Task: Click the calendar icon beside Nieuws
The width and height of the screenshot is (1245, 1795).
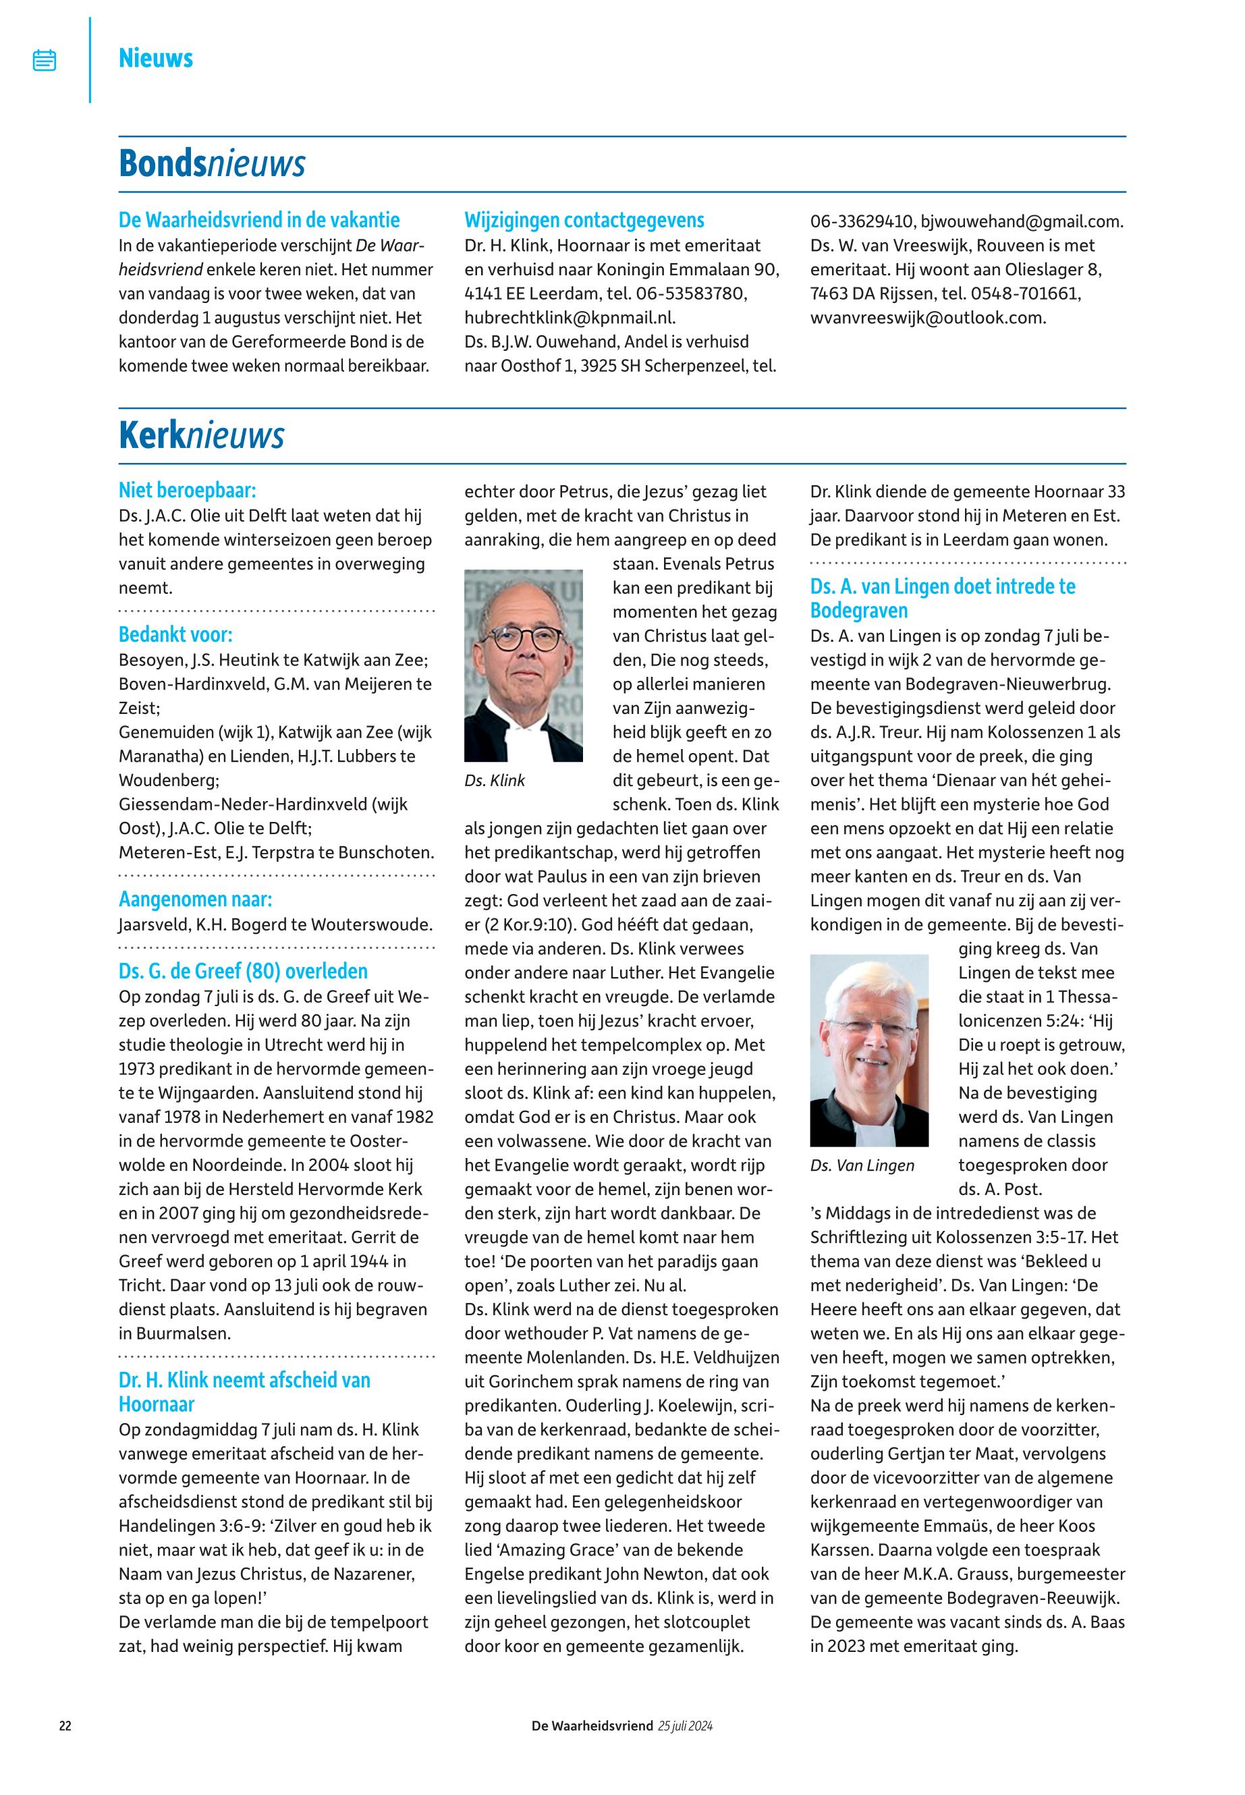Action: pyautogui.click(x=45, y=60)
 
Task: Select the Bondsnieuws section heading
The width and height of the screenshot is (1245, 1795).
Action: pyautogui.click(x=211, y=164)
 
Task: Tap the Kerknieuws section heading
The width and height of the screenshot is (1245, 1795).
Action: pyautogui.click(x=201, y=435)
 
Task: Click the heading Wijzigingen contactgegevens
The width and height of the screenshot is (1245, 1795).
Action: pyautogui.click(x=584, y=220)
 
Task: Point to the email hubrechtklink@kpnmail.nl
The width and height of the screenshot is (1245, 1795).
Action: pyautogui.click(x=570, y=317)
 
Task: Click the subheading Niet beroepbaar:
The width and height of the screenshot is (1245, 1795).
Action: pyautogui.click(x=187, y=491)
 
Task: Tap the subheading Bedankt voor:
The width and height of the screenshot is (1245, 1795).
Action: pyautogui.click(x=175, y=634)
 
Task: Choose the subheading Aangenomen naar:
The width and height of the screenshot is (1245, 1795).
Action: pyautogui.click(x=195, y=900)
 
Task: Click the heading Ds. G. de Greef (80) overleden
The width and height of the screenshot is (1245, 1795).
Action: pyautogui.click(x=243, y=971)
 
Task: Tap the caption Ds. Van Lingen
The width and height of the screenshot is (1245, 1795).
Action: pyautogui.click(x=862, y=1165)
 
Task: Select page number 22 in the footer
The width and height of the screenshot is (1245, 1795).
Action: pyautogui.click(x=65, y=1725)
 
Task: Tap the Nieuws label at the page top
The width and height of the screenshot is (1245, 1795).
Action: pyautogui.click(x=155, y=59)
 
